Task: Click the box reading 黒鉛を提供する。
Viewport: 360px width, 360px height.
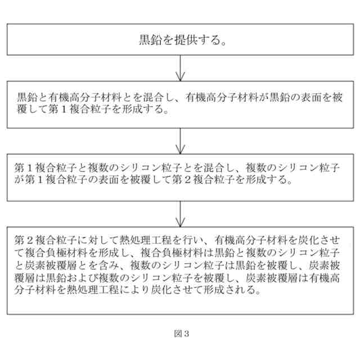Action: pos(179,40)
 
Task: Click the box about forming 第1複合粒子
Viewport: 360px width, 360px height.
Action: pos(179,105)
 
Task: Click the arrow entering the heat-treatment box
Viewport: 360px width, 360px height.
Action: pos(179,214)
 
